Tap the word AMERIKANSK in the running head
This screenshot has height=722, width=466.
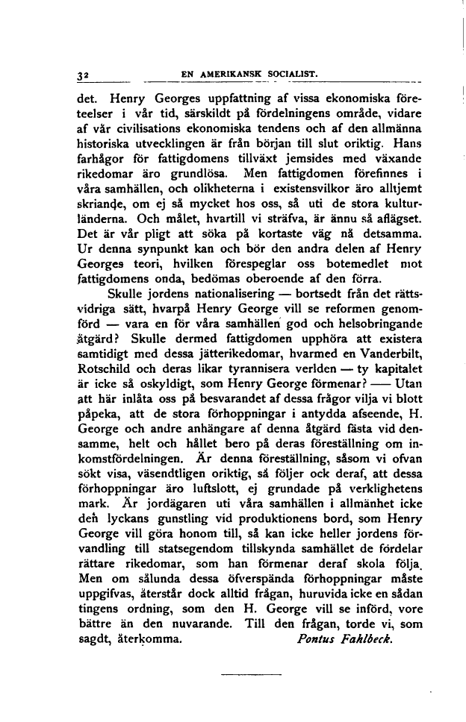pyautogui.click(x=229, y=74)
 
